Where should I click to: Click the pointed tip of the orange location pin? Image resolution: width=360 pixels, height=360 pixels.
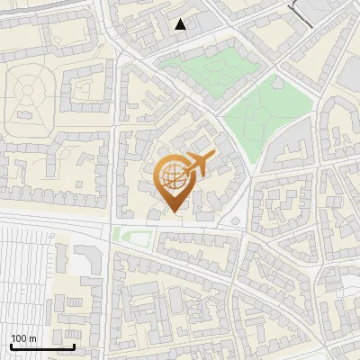pyautogui.click(x=174, y=211)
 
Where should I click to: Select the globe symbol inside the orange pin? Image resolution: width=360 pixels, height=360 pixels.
pyautogui.click(x=173, y=177)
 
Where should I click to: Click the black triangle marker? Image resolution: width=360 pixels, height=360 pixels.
pyautogui.click(x=181, y=24)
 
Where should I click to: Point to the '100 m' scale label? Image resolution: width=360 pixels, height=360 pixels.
pyautogui.click(x=23, y=338)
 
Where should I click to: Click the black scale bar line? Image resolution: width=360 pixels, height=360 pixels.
pyautogui.click(x=42, y=346)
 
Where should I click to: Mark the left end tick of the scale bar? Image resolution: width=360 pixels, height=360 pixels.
pyautogui.click(x=11, y=345)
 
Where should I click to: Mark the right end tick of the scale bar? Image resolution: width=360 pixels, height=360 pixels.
pyautogui.click(x=74, y=345)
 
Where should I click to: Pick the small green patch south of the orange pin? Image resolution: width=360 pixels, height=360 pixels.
pyautogui.click(x=131, y=236)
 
